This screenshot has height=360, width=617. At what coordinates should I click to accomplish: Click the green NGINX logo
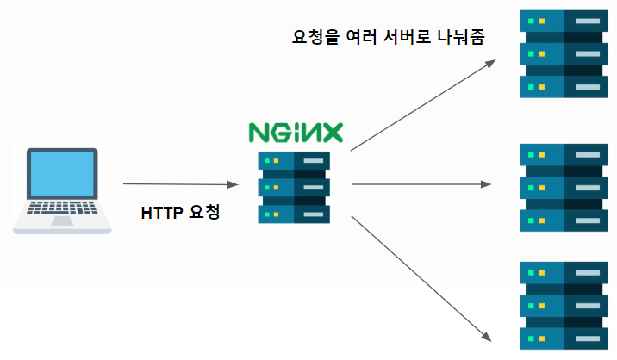pyautogui.click(x=295, y=132)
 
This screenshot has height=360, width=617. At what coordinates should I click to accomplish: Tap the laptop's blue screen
pyautogui.click(x=62, y=175)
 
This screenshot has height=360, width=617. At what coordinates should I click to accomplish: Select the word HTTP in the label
pyautogui.click(x=161, y=211)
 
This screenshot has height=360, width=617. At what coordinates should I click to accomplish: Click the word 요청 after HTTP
pyautogui.click(x=204, y=211)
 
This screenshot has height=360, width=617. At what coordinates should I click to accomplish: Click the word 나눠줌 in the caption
pyautogui.click(x=462, y=37)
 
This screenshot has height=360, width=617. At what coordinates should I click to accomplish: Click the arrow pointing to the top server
pyautogui.click(x=422, y=105)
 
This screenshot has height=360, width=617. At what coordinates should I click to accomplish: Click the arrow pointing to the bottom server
pyautogui.click(x=422, y=275)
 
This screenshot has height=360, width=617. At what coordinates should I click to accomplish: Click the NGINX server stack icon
pyautogui.click(x=294, y=187)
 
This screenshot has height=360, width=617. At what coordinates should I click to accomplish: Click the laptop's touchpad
pyautogui.click(x=62, y=220)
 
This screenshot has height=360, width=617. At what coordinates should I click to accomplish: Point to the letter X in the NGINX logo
pyautogui.click(x=329, y=132)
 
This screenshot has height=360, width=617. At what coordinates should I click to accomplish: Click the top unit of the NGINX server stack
pyautogui.click(x=294, y=161)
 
